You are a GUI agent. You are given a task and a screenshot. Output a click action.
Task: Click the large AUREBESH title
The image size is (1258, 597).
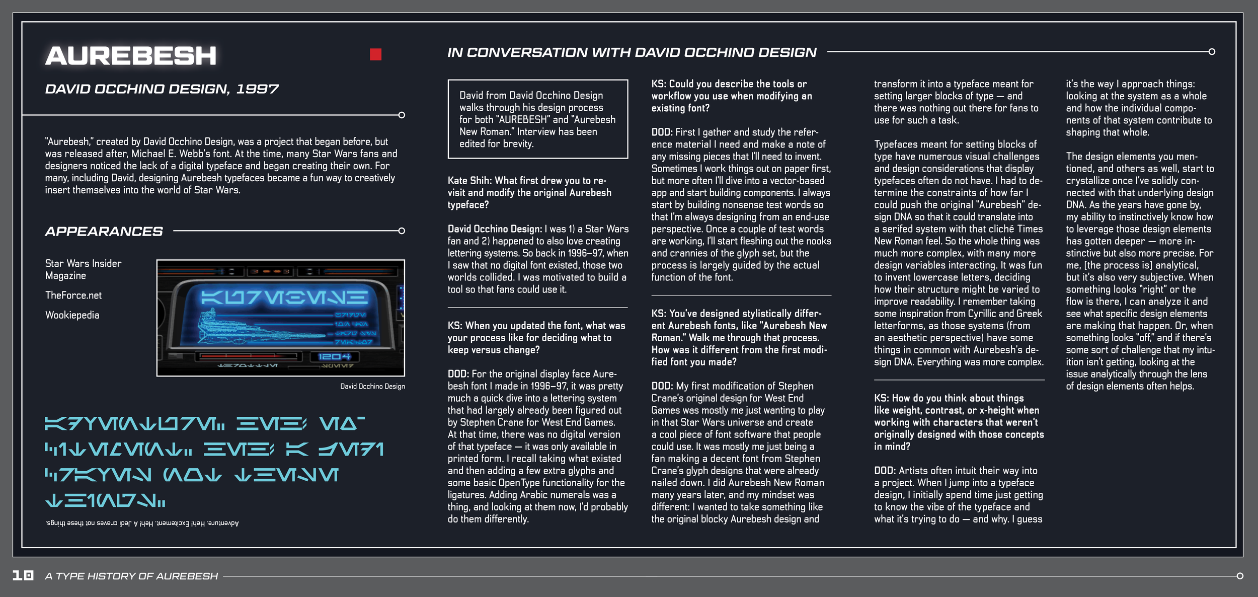[x=131, y=55]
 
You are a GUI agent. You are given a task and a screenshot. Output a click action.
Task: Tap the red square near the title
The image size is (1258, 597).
[x=375, y=54]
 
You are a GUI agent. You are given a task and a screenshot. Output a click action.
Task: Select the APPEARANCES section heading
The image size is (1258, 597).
[x=104, y=232]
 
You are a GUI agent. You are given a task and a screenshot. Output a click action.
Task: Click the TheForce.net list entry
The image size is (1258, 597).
[x=73, y=295]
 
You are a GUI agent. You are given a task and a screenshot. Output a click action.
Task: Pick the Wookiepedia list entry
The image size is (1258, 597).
[x=72, y=315]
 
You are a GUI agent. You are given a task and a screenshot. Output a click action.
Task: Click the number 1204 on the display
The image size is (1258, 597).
[x=334, y=357]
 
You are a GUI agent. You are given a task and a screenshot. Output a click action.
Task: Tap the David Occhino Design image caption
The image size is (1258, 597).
[x=372, y=387]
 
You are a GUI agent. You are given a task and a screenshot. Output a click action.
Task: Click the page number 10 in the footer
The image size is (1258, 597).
[x=23, y=575]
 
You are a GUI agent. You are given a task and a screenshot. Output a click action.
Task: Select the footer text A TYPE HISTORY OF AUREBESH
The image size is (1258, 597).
[x=131, y=576]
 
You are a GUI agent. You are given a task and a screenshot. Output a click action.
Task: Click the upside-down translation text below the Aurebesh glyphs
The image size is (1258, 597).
[x=142, y=524]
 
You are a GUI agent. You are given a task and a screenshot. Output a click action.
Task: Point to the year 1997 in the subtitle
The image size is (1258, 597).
[x=257, y=89]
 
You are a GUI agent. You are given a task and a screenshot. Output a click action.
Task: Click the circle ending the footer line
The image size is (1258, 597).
[x=1239, y=576]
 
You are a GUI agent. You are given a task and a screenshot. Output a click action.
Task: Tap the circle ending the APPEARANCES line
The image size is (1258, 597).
[x=402, y=231]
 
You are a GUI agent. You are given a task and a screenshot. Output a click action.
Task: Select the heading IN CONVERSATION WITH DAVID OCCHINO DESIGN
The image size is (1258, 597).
[x=632, y=52]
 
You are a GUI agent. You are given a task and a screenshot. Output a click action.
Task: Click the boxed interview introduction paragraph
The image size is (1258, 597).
[x=537, y=119]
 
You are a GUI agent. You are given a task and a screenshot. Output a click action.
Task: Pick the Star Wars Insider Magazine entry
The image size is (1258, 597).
[x=83, y=269]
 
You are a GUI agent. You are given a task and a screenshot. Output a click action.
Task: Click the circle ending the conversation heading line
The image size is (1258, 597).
[x=1212, y=52]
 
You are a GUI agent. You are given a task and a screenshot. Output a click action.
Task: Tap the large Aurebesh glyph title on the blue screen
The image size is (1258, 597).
[x=284, y=298]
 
